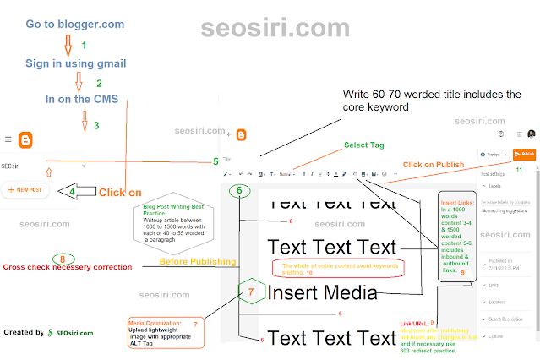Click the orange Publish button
524,155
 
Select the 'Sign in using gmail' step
76,63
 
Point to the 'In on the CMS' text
82,100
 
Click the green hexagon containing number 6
240,191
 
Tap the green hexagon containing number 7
251,292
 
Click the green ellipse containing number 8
62,259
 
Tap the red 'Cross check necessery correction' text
67,268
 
